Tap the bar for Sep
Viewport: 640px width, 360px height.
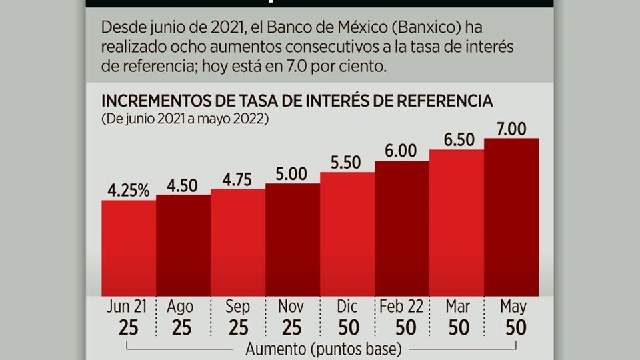pos(238,243)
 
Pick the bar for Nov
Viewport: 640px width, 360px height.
pos(293,240)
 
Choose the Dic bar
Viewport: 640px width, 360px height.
pos(347,234)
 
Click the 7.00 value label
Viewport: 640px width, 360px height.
pos(511,129)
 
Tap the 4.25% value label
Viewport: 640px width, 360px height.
pos(129,191)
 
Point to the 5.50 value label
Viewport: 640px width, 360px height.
pos(347,163)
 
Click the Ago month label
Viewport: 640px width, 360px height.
pos(181,307)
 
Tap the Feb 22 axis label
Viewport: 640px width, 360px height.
pos(402,307)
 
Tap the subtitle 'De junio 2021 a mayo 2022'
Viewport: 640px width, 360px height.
pos(184,119)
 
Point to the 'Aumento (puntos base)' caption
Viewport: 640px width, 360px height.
pos(323,349)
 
